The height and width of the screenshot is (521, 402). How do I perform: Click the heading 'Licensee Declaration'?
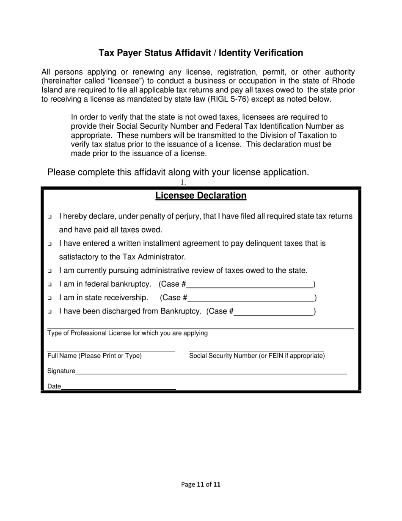click(x=201, y=196)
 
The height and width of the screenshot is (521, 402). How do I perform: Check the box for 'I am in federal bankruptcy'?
click(x=50, y=284)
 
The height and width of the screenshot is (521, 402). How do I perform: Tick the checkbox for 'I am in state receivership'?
click(x=50, y=298)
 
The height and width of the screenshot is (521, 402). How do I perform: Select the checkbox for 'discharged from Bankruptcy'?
click(x=50, y=312)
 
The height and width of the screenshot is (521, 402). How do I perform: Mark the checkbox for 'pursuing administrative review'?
click(x=50, y=271)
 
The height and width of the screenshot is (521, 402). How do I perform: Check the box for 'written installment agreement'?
click(x=50, y=244)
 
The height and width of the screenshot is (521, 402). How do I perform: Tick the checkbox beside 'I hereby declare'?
click(x=50, y=217)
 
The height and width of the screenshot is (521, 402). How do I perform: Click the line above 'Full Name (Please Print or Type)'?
click(x=111, y=351)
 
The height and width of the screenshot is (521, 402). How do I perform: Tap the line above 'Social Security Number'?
click(x=256, y=351)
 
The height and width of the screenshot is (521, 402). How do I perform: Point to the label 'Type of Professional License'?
click(x=127, y=333)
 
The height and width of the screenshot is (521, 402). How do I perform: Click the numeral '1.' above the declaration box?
click(x=183, y=183)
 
